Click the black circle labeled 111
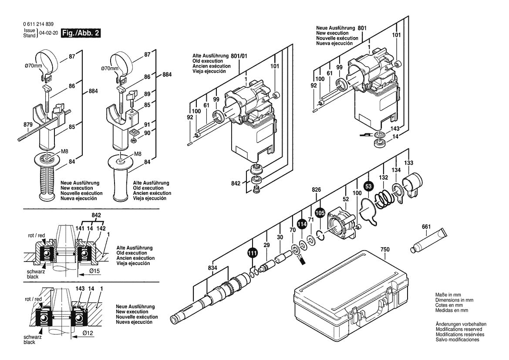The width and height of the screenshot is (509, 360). click(252, 252)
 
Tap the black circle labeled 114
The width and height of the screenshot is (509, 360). click(301, 225)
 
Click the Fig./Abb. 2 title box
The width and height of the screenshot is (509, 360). click(81, 33)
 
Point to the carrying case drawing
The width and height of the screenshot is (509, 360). click(351, 296)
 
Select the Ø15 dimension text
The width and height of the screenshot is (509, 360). click(94, 272)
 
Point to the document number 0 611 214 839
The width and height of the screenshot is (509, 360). click(39, 24)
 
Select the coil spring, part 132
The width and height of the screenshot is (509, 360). click(384, 199)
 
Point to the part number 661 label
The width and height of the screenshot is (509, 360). click(426, 227)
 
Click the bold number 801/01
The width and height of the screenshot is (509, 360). click(239, 56)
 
